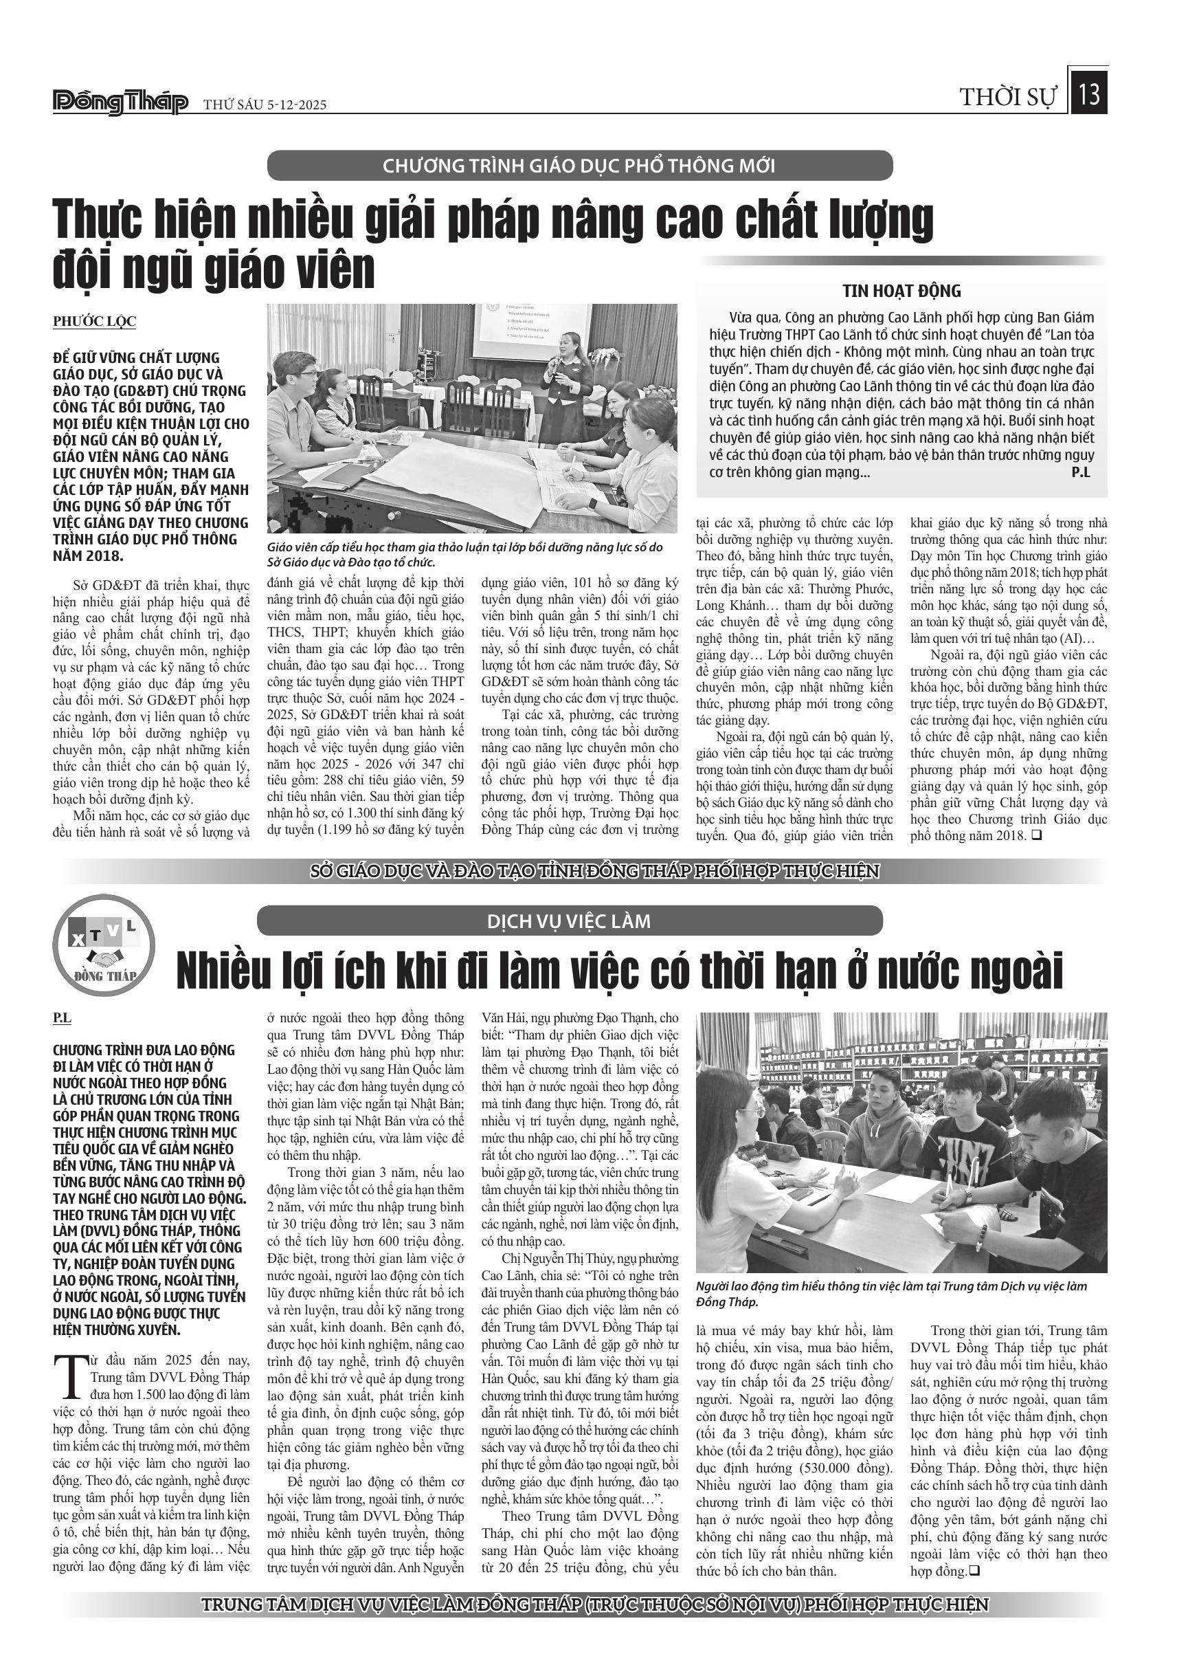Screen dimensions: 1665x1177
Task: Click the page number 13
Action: [x=1088, y=95]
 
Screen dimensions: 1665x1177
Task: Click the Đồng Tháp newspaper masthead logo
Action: [x=120, y=103]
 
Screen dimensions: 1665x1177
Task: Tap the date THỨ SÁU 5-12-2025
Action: [x=265, y=105]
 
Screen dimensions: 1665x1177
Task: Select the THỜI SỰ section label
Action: [x=1008, y=97]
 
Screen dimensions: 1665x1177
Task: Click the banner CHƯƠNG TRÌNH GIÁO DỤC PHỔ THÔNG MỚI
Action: [x=579, y=166]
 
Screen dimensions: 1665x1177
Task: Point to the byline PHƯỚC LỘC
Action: [x=94, y=321]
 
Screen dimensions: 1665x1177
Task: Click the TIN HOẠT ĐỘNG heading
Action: [x=901, y=291]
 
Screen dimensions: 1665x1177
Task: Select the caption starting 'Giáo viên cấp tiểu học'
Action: [x=464, y=555]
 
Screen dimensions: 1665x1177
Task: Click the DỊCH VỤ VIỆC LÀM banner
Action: [x=569, y=921]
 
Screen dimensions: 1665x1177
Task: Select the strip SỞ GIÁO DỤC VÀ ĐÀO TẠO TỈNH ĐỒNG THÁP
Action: [x=594, y=871]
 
